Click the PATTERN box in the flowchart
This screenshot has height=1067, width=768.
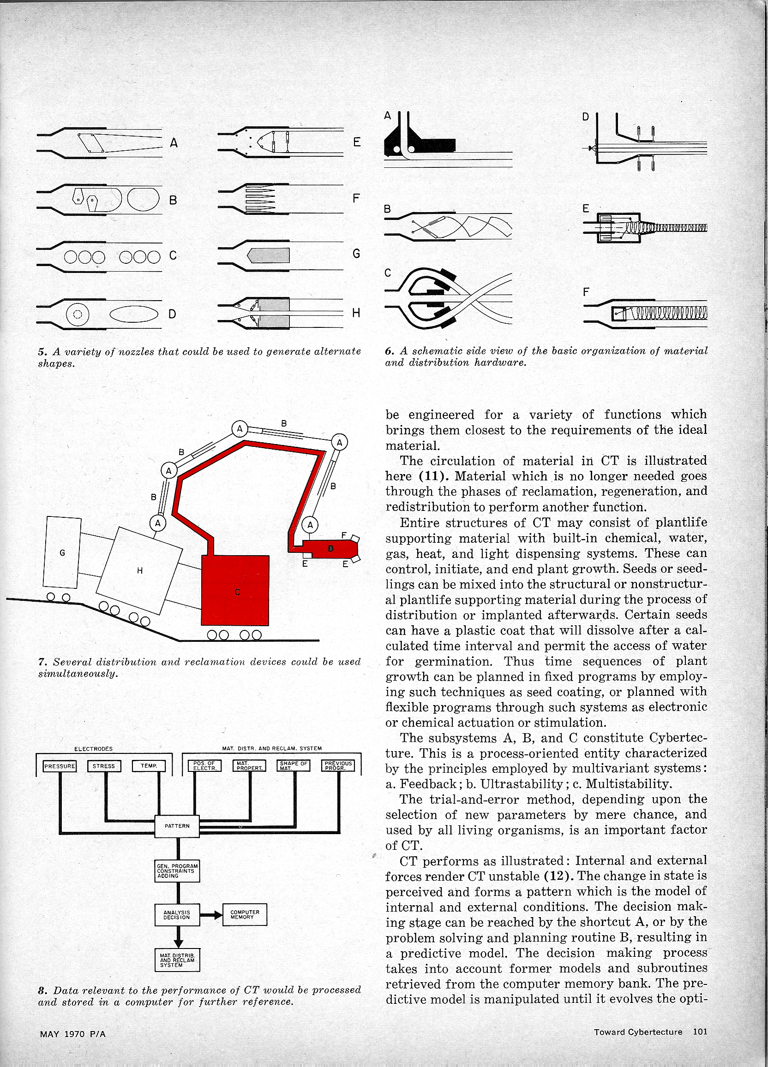tap(177, 826)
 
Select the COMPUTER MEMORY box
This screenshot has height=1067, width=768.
tap(245, 914)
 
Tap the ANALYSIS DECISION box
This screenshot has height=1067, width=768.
tap(177, 914)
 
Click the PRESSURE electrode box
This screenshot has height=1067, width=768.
tap(60, 766)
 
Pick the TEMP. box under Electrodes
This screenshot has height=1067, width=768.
tap(149, 766)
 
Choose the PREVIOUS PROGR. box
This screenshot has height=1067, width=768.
tap(338, 766)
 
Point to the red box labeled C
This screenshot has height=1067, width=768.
tap(235, 590)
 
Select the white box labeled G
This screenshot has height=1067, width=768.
tap(62, 553)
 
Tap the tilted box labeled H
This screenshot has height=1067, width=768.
tap(139, 571)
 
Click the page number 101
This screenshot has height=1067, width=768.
tap(700, 1031)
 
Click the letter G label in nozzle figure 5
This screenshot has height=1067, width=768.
tap(356, 254)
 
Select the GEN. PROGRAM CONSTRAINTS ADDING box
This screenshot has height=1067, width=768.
tap(177, 871)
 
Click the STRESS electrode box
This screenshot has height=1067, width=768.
tap(103, 766)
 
